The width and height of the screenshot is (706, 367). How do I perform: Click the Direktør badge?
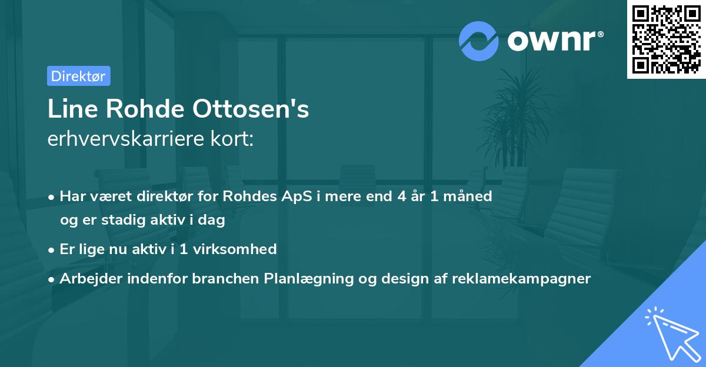coord(78,76)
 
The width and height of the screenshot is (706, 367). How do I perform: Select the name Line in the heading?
coord(68,109)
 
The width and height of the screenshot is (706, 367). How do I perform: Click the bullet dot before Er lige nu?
coord(52,249)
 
